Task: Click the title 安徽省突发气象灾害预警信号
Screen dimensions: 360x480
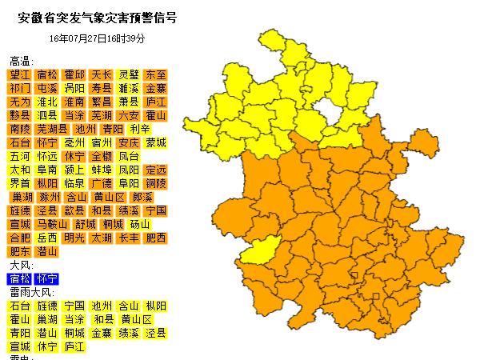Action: [x=97, y=17]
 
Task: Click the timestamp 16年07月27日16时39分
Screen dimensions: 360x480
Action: [x=97, y=38]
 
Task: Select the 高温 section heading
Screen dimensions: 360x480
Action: [x=22, y=61]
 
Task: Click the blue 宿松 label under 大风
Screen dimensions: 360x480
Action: [x=20, y=279]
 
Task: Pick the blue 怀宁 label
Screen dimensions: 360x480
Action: [x=47, y=279]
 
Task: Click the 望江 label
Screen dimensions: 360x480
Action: [x=20, y=74]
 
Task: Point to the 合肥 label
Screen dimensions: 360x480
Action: [x=20, y=238]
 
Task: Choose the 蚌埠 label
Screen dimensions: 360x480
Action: [x=102, y=170]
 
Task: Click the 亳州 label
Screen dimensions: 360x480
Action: [x=74, y=142]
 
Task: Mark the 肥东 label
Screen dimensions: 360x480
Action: [x=20, y=251]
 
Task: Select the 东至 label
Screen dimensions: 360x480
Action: [x=156, y=74]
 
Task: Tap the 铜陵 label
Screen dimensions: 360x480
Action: [x=156, y=183]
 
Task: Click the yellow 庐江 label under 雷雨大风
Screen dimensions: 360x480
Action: [x=74, y=347]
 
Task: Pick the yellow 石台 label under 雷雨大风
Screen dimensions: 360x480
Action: [x=20, y=306]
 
